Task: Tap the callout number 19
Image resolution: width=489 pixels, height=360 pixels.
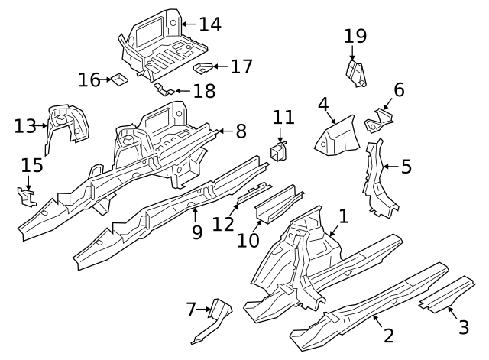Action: coord(355,36)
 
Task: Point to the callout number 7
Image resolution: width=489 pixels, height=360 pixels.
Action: coord(191,310)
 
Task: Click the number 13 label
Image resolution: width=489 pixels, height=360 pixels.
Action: coord(25,125)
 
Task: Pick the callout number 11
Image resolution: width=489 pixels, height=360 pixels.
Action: coord(283,118)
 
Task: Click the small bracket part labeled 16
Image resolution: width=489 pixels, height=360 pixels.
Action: coord(118,79)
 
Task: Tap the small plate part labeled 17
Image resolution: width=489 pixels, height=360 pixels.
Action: coord(202,68)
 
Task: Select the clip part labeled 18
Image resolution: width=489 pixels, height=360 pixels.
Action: coord(164,89)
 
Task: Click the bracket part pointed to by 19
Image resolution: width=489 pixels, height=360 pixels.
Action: coord(355,73)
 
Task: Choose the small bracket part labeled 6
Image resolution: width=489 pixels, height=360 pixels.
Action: coord(379,119)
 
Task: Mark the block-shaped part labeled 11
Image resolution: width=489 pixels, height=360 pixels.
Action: coord(278,150)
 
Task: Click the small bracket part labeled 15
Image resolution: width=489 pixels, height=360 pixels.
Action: coord(28,198)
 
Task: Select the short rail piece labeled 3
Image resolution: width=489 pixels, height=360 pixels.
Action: coord(445,294)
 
